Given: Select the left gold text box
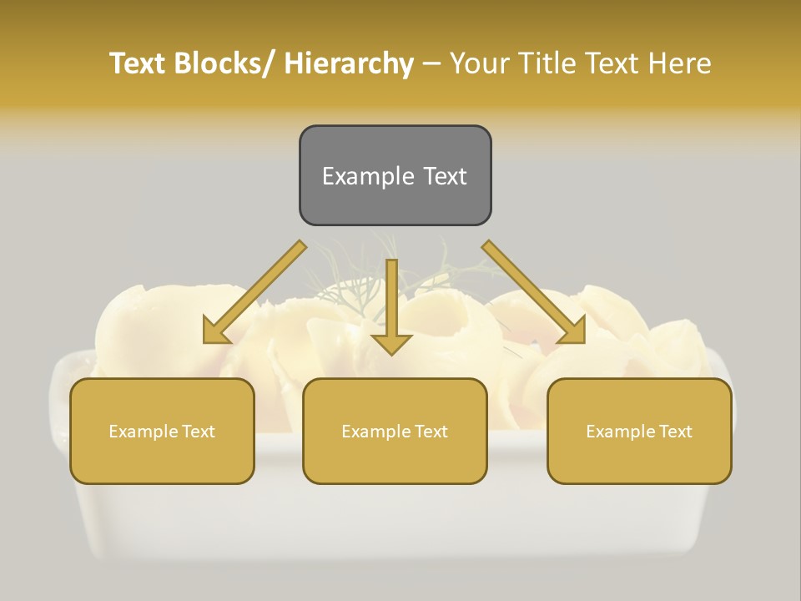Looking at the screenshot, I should [162, 431].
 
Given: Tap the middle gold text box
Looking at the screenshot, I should [395, 431].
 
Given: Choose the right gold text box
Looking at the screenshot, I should [639, 431].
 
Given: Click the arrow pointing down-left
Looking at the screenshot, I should [254, 293].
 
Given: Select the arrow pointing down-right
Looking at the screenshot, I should [534, 293].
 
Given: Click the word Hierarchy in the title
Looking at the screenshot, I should [348, 63].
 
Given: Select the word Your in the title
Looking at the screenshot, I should [480, 63].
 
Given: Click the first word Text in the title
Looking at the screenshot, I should [138, 63].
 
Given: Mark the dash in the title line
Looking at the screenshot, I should [431, 63].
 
